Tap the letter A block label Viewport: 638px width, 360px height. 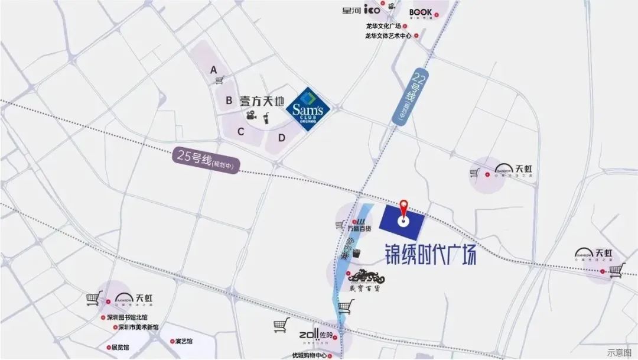pyautogui.click(x=214, y=70)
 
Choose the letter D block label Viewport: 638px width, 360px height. pyautogui.click(x=282, y=138)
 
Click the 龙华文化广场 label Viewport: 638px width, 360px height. pyautogui.click(x=383, y=26)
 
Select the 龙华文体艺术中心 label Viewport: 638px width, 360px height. pyautogui.click(x=388, y=35)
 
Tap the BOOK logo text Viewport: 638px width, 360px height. pyautogui.click(x=420, y=12)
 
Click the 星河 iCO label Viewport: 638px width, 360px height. pyautogui.click(x=361, y=10)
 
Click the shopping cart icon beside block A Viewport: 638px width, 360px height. pyautogui.click(x=220, y=80)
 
